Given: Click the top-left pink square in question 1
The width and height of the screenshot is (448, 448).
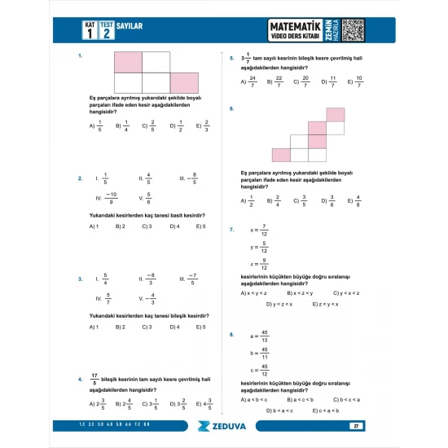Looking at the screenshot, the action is (x=128, y=62).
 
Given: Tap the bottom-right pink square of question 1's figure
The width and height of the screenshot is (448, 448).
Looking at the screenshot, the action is (x=184, y=82).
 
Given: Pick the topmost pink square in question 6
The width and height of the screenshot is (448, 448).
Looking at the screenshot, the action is (x=335, y=115).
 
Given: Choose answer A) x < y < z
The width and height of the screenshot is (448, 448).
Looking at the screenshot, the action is (x=254, y=292).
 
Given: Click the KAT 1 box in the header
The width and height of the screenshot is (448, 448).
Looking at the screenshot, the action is (x=90, y=30).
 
